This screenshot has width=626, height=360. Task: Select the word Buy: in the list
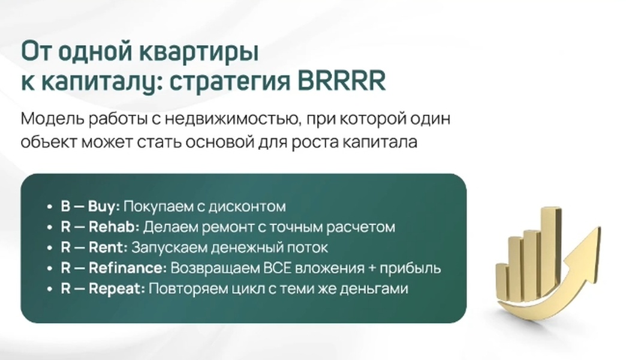pyautogui.click(x=104, y=207)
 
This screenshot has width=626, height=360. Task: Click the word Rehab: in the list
pyautogui.click(x=114, y=227)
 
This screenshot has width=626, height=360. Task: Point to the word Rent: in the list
pyautogui.click(x=108, y=247)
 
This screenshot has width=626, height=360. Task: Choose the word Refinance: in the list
pyautogui.click(x=127, y=268)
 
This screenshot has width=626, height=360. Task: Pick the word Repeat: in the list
pyautogui.click(x=116, y=289)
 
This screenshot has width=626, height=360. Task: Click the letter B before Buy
pyautogui.click(x=65, y=206)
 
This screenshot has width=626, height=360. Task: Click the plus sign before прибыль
pyautogui.click(x=372, y=268)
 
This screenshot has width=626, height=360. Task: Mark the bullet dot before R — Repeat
pyautogui.click(x=50, y=289)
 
